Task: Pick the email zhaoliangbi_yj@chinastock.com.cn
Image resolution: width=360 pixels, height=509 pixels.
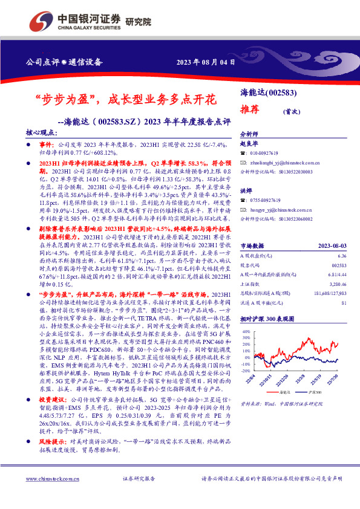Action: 284,163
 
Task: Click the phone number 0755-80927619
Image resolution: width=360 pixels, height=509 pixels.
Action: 266,199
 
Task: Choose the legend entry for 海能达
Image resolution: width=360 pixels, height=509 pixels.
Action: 282,391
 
